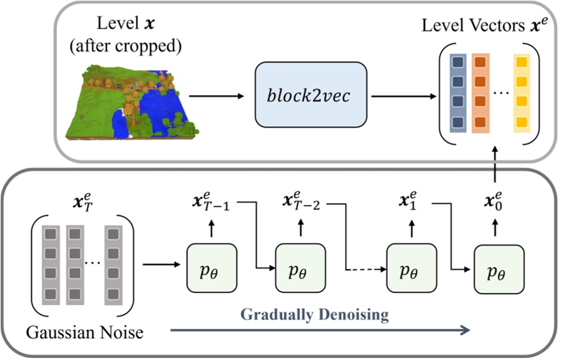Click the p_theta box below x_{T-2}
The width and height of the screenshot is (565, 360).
coord(298,270)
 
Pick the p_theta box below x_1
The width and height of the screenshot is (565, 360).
coord(408,270)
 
